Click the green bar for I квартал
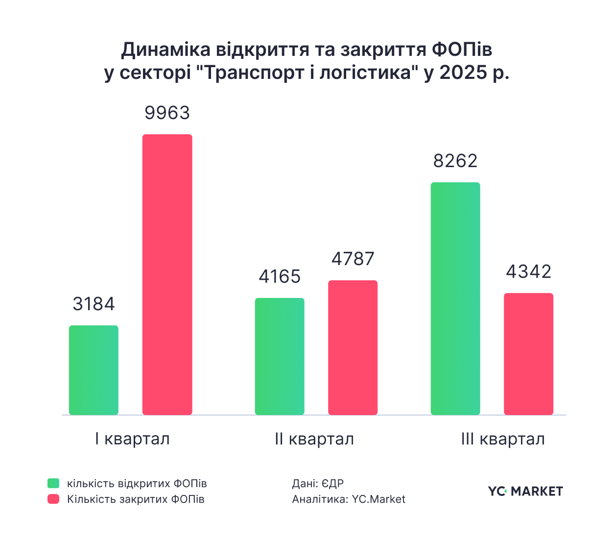[94, 370]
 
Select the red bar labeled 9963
[167, 274]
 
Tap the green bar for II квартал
[280, 356]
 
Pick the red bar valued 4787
[353, 347]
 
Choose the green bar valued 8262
[455, 298]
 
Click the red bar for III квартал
[528, 354]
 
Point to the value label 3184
[94, 304]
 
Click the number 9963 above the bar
[167, 113]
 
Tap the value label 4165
[280, 277]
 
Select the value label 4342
[528, 271]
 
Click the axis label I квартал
[132, 439]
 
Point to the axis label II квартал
[314, 439]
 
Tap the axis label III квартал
[502, 439]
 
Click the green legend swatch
[53, 483]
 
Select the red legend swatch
[53, 499]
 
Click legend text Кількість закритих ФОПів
[136, 499]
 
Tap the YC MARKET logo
[525, 491]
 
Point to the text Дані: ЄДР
[318, 484]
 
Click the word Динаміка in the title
[165, 50]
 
